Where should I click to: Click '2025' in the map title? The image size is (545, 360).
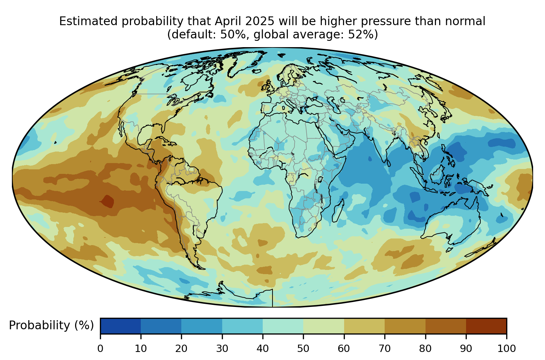(x=260, y=21)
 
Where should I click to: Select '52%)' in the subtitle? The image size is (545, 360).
(x=363, y=35)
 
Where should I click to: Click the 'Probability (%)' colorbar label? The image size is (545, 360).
(x=51, y=325)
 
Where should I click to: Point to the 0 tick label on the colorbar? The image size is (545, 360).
(x=100, y=348)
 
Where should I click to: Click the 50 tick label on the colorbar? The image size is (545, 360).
(x=303, y=348)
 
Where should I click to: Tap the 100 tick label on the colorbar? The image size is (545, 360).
(x=507, y=348)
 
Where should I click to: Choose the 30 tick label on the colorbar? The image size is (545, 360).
(x=222, y=348)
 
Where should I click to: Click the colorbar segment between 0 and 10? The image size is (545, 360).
(x=121, y=326)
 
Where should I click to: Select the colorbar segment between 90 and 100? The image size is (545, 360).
(x=486, y=326)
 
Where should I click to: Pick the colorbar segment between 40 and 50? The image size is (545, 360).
(x=283, y=326)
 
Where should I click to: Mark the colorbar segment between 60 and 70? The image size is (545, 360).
(x=364, y=326)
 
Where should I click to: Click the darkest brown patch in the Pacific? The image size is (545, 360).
(x=107, y=201)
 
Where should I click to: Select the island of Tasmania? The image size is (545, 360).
(x=449, y=250)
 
